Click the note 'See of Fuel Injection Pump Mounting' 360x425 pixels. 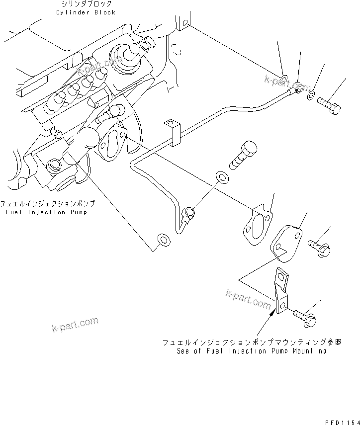252,351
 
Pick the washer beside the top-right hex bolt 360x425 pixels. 311,96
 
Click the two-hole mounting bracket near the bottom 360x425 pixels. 281,293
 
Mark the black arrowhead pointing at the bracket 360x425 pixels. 271,312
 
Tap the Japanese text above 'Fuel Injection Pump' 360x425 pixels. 47,204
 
